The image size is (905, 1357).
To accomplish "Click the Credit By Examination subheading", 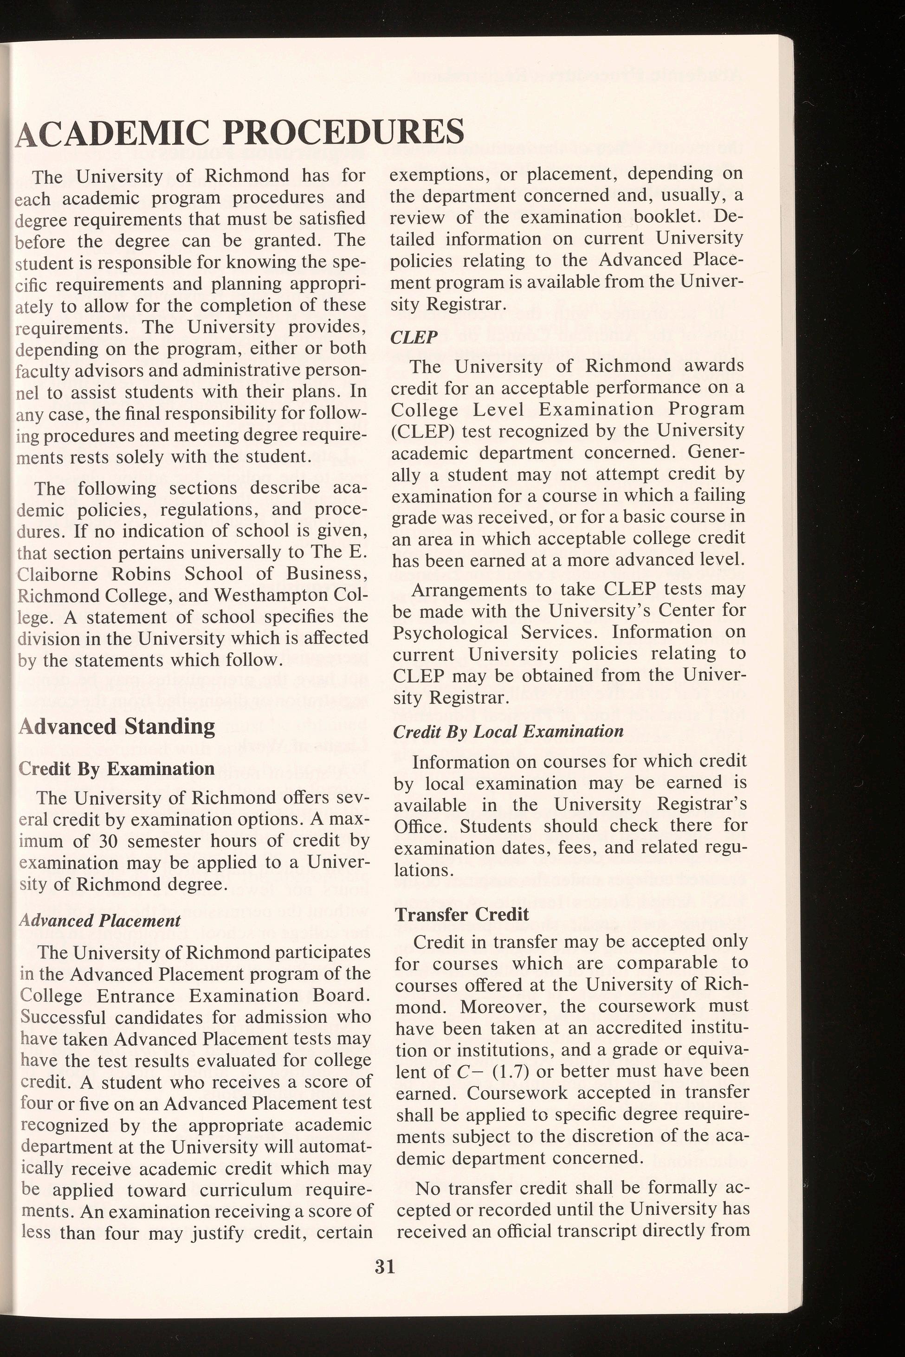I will [x=116, y=769].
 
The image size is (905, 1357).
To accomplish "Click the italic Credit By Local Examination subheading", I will [x=508, y=732].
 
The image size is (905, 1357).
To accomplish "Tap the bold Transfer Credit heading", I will [x=462, y=914].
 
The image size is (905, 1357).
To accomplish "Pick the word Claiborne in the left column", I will [x=52, y=574].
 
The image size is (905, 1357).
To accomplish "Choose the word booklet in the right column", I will [x=661, y=218].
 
